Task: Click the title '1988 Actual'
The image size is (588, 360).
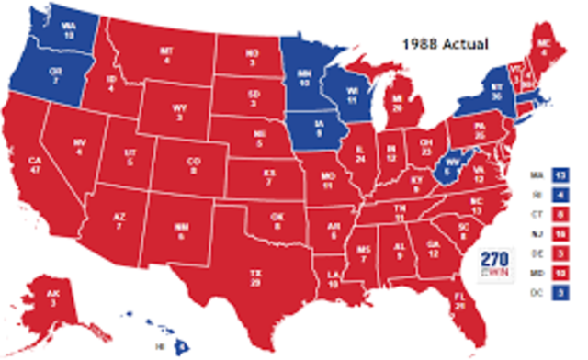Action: [449, 42]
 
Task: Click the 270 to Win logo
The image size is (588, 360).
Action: [497, 263]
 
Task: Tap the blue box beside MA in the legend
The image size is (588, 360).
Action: [561, 173]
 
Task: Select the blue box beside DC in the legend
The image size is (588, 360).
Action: [561, 291]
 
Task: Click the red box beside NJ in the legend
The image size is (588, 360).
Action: [561, 232]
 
